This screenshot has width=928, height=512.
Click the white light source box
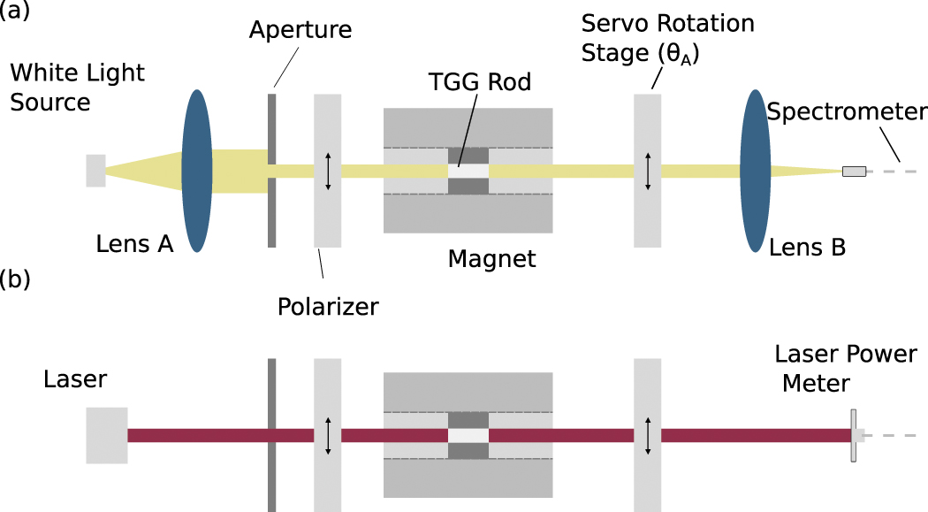(x=95, y=171)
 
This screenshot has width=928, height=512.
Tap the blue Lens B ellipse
(x=755, y=171)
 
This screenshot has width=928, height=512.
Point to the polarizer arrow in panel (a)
(x=328, y=171)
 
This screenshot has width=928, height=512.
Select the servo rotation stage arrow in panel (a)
(x=648, y=171)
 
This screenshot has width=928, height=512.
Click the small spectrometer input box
(x=854, y=171)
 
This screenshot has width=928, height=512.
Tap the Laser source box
(x=106, y=435)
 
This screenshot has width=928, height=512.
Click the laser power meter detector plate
(x=854, y=435)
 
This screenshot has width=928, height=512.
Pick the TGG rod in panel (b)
(x=468, y=435)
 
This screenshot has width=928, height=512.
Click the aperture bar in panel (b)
(x=272, y=435)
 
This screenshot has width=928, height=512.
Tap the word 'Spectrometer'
(x=847, y=112)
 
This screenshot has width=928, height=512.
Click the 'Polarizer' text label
(x=328, y=306)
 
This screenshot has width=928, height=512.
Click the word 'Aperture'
(x=300, y=29)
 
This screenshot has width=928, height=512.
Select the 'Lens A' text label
(x=134, y=244)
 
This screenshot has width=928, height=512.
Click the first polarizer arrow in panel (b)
(x=328, y=435)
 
